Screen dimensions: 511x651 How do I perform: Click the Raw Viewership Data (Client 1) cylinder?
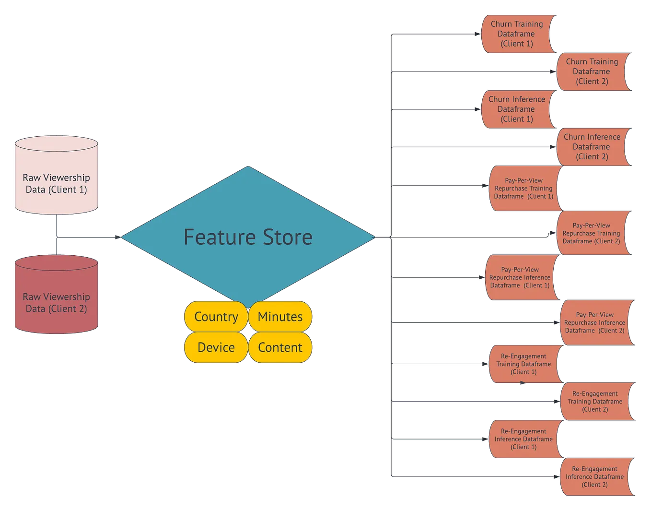click(x=57, y=178)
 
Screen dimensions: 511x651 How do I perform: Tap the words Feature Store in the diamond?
click(x=248, y=237)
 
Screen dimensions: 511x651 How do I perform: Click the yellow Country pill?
click(x=216, y=317)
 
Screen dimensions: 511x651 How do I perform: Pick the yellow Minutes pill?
click(x=280, y=317)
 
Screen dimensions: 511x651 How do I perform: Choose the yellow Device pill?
click(x=216, y=347)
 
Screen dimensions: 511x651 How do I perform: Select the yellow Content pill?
click(x=280, y=347)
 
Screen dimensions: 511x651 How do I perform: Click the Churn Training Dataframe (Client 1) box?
click(x=517, y=34)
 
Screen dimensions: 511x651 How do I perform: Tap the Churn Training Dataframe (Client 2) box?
click(x=592, y=71)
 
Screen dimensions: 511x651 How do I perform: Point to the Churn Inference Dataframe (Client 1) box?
click(x=516, y=109)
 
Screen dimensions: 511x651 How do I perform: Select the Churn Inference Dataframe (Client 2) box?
click(x=592, y=147)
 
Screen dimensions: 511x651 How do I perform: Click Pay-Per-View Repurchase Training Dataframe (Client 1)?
click(x=523, y=189)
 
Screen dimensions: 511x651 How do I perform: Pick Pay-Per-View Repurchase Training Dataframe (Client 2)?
click(x=592, y=233)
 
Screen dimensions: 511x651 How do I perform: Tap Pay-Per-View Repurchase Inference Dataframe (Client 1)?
click(x=520, y=277)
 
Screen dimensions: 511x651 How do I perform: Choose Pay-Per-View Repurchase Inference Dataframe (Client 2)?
click(x=595, y=323)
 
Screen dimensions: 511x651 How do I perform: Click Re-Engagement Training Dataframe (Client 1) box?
click(x=523, y=364)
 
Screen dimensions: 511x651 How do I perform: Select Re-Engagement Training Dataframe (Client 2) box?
click(x=595, y=402)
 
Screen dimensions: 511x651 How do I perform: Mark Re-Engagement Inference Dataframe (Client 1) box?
click(x=523, y=439)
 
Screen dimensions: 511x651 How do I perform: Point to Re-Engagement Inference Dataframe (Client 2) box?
click(x=595, y=477)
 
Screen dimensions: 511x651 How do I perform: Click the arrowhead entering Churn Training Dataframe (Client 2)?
click(x=553, y=71)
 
